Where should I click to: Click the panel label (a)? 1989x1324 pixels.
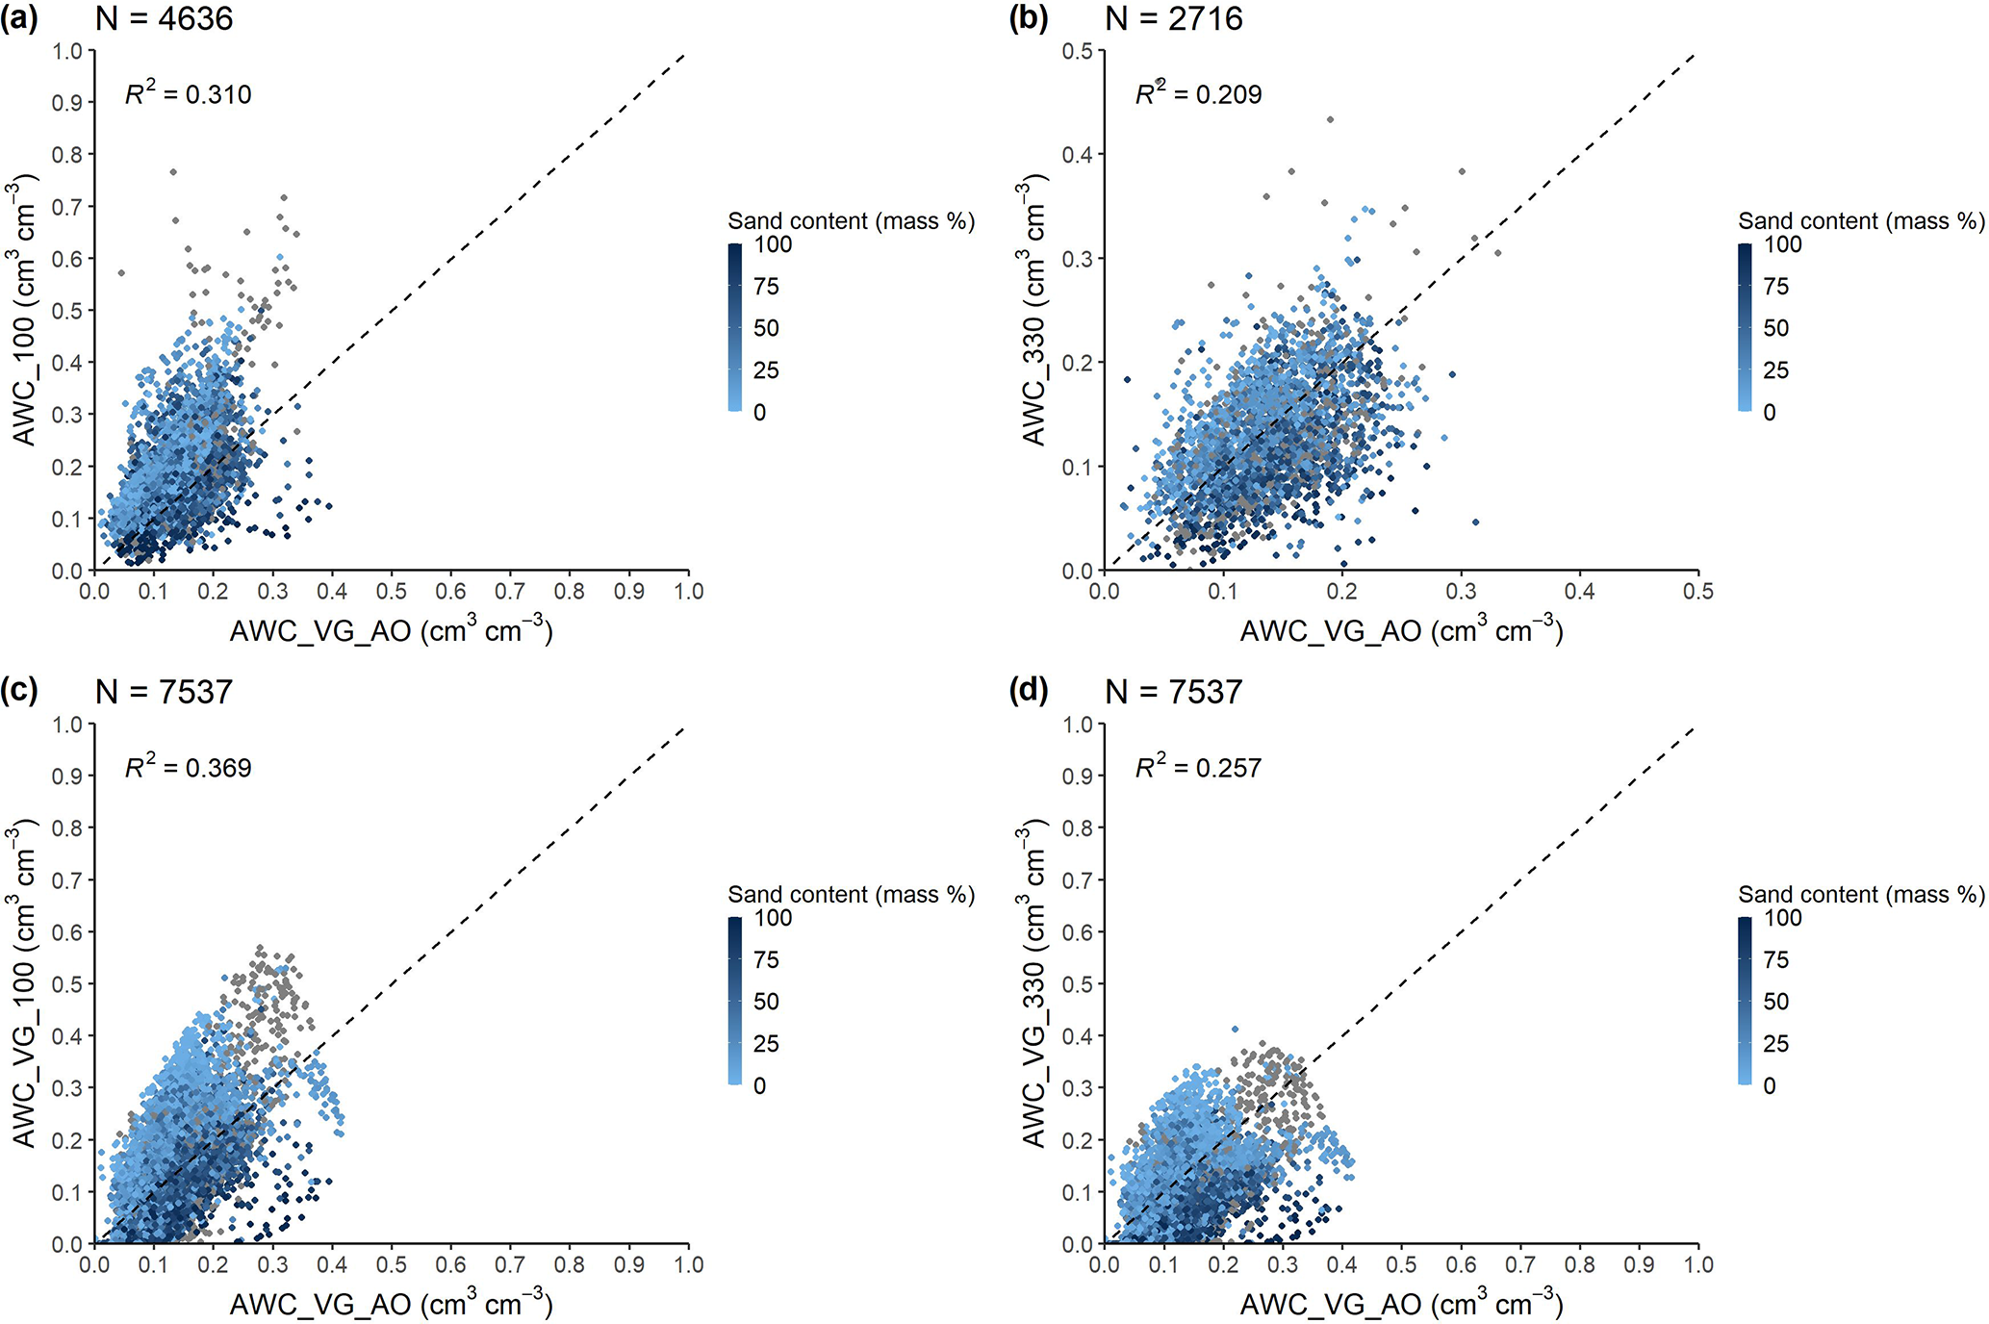click(19, 19)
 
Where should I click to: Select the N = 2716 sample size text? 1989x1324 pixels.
click(1174, 19)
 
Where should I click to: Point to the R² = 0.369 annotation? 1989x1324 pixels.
click(189, 767)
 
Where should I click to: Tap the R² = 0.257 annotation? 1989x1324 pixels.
click(1198, 767)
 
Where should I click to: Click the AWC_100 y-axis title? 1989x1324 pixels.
click(23, 310)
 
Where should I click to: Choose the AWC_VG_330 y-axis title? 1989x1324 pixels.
click(1033, 983)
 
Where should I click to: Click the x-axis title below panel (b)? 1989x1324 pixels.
click(1401, 630)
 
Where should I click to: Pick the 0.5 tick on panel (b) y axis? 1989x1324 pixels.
click(1078, 51)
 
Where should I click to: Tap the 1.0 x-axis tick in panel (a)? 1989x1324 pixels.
click(689, 591)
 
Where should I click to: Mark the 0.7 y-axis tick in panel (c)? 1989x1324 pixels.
click(67, 880)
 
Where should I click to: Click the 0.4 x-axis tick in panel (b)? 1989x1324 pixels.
click(1579, 591)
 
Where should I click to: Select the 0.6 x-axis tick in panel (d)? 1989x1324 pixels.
click(1461, 1264)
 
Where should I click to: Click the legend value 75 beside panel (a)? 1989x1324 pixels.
click(766, 287)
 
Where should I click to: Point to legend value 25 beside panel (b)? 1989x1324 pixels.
click(1775, 370)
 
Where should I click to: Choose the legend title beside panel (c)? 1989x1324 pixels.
click(851, 895)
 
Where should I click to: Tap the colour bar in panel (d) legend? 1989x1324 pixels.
click(1745, 1001)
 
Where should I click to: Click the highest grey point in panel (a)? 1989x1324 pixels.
click(173, 172)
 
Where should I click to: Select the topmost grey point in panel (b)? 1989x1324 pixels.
click(1330, 119)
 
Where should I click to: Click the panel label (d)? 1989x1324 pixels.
click(1029, 692)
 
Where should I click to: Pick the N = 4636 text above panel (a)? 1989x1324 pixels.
click(164, 19)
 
